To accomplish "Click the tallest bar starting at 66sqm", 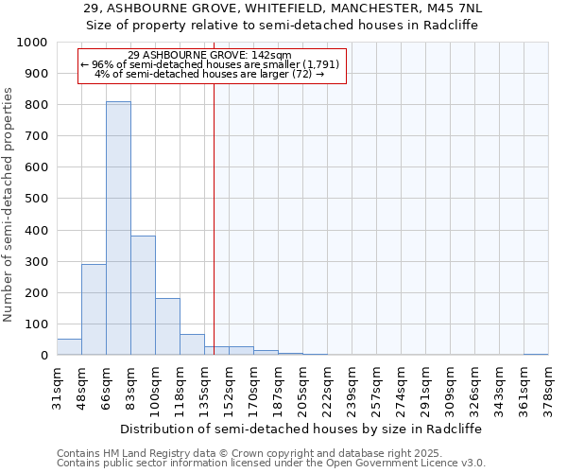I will [x=118, y=228].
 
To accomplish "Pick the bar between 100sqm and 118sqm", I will [x=167, y=326].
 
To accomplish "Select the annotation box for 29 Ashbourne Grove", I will [x=213, y=65].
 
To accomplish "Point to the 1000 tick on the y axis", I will [x=33, y=43].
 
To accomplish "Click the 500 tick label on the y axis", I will [x=37, y=200].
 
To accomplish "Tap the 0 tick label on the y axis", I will [x=44, y=356].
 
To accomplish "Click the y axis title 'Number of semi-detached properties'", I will [x=9, y=204].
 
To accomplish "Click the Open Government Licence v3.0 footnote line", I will [x=270, y=464].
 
